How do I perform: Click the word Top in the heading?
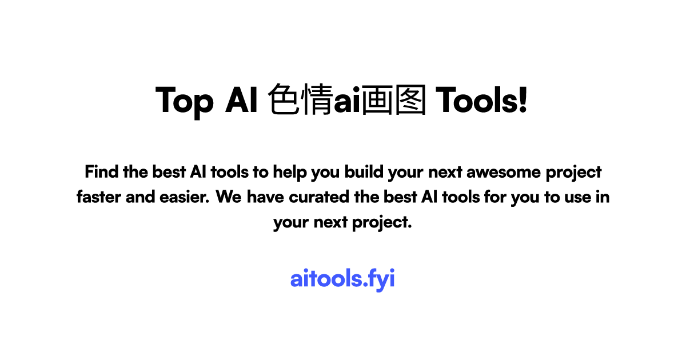tap(185, 101)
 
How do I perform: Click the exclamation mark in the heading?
tap(522, 101)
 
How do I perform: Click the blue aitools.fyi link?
tap(342, 279)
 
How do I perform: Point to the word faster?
tap(98, 197)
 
